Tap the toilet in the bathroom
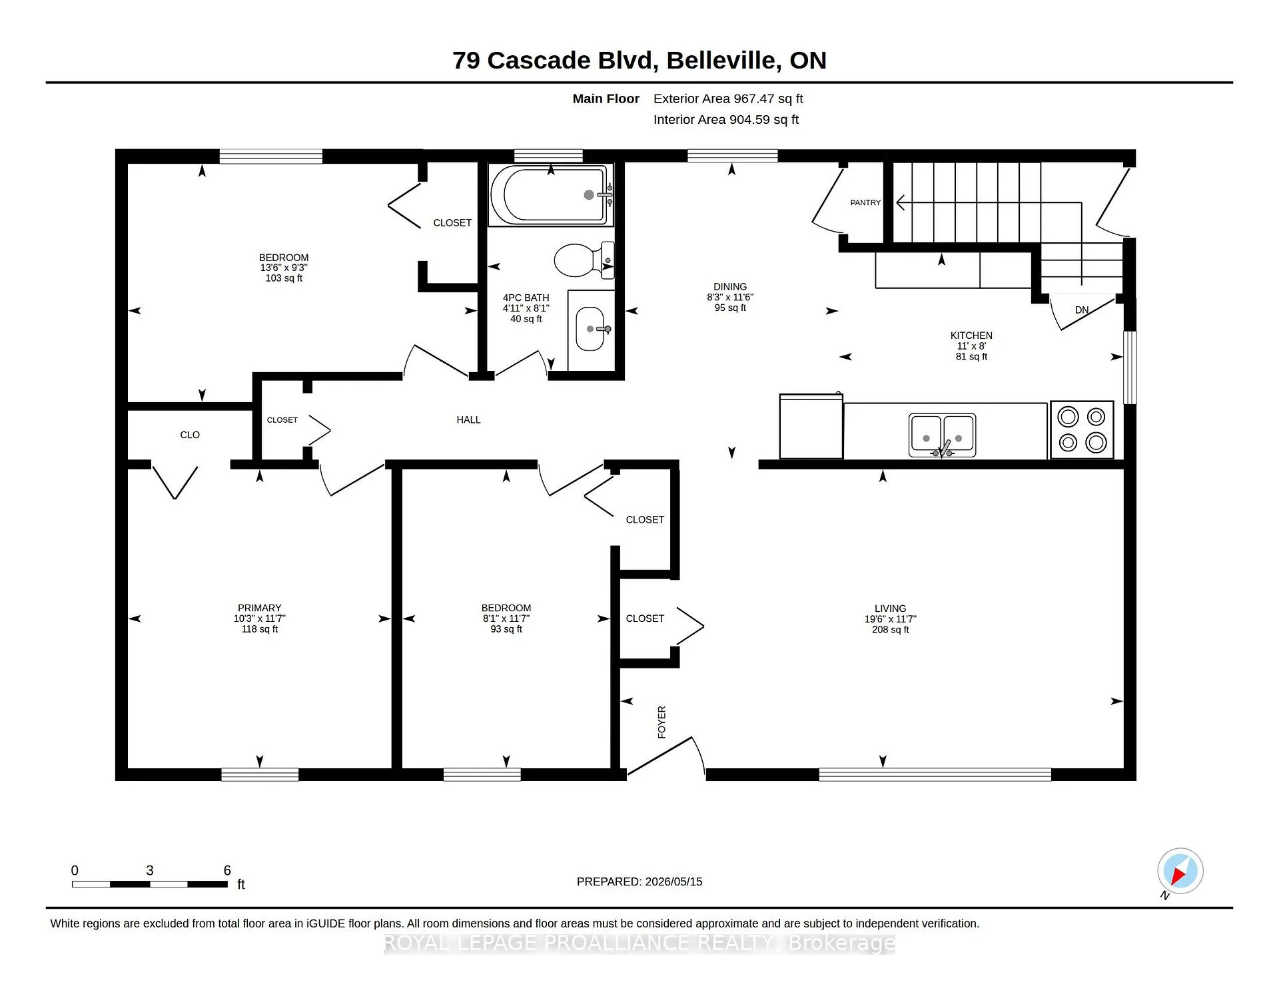pos(584,260)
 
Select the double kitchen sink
pos(942,435)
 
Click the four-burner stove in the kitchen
pos(1082,429)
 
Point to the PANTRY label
pos(865,202)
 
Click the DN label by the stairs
pos(1082,310)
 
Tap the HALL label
pos(468,419)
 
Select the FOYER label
pos(661,722)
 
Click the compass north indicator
pos(1180,871)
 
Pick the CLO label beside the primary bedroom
pos(190,435)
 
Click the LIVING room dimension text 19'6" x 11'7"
pos(890,619)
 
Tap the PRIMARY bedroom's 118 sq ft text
pos(259,629)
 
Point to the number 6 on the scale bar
pos(227,870)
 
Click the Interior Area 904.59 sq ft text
pos(725,120)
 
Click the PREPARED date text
pos(639,881)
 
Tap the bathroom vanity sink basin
pos(590,329)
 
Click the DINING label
pos(730,286)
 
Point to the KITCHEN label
pos(971,336)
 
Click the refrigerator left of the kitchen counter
pos(811,426)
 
